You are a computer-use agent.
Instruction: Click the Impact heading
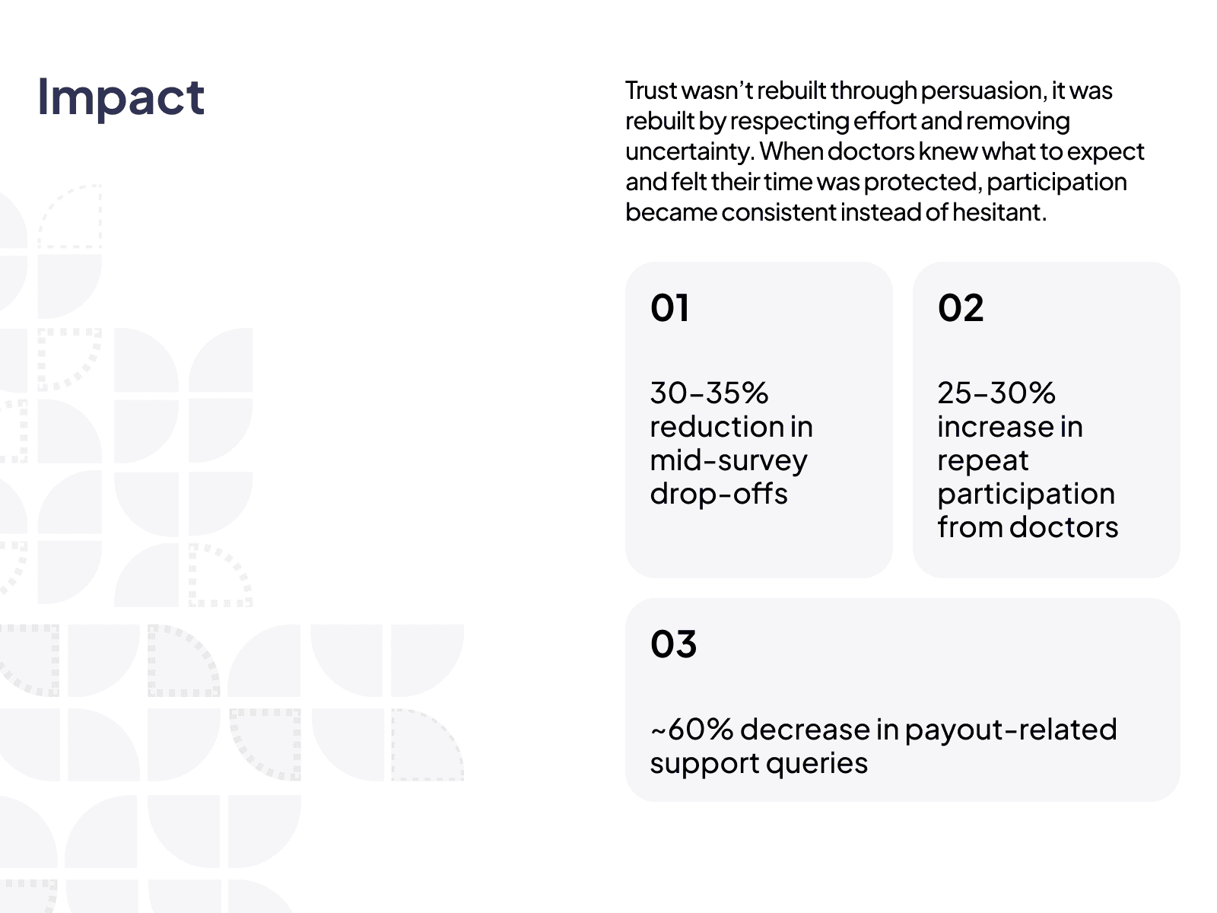coord(121,98)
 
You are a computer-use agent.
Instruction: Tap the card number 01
coord(670,307)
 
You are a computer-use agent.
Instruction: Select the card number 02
coord(961,307)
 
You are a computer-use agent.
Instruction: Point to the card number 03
coord(673,644)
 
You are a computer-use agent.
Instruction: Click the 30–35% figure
coord(709,393)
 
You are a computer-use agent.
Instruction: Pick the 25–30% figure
coord(996,393)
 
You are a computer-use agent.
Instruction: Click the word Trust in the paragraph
coord(651,91)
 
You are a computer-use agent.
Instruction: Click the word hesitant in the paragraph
coord(999,212)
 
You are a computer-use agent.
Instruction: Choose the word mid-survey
coord(729,460)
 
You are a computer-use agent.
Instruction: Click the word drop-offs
coord(719,493)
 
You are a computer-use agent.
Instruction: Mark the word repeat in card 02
coord(983,461)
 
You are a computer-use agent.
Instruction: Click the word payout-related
coord(1011,730)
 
